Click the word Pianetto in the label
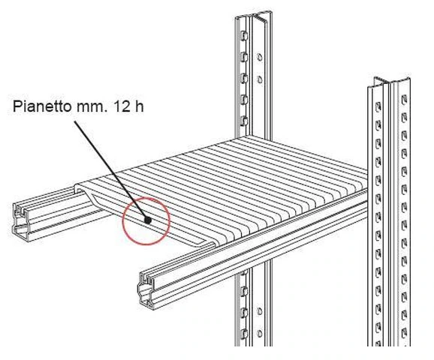[42, 106]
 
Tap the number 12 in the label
[122, 106]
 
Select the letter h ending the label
[139, 106]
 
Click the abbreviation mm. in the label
[91, 107]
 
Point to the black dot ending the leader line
[148, 220]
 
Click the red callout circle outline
[122, 221]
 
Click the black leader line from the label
[111, 170]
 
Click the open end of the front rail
[146, 290]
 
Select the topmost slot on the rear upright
[244, 36]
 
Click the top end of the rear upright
[253, 16]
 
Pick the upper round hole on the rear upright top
[259, 57]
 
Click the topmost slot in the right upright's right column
[404, 99]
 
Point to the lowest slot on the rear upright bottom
[244, 334]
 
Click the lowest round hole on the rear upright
[260, 333]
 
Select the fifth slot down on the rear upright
[244, 121]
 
